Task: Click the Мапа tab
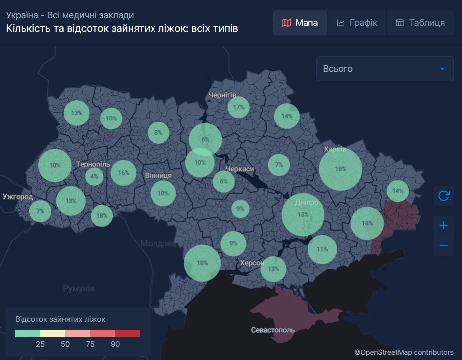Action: [300, 23]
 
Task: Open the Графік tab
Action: [357, 23]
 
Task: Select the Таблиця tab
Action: [420, 23]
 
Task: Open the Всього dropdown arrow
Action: [442, 69]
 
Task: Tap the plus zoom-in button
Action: [443, 226]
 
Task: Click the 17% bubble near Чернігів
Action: [238, 107]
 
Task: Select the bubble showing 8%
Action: [158, 132]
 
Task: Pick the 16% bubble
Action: [123, 173]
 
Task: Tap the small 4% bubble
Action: [94, 176]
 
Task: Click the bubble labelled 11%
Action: [322, 249]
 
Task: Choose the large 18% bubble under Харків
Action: [340, 169]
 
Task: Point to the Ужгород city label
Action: [18, 197]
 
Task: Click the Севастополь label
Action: [273, 330]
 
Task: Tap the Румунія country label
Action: [79, 288]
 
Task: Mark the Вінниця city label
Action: [158, 176]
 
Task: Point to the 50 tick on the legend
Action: [65, 344]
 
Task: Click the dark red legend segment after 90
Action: [128, 333]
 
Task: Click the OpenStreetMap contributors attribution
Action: [404, 352]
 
